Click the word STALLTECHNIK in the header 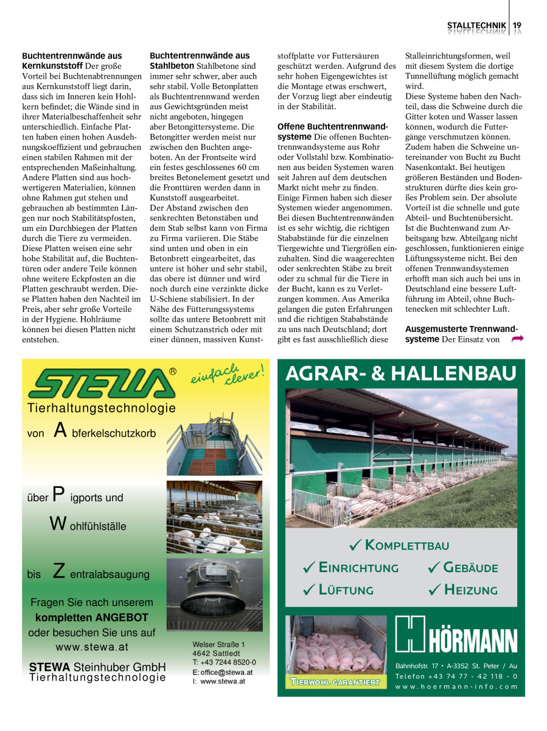point(476,25)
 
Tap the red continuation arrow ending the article point(518,339)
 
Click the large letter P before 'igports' point(58,494)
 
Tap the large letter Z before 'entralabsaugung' point(59,571)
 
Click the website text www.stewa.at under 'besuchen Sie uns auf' point(92,646)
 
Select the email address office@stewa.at point(226,672)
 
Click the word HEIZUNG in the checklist point(470,590)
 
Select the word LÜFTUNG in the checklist point(346,590)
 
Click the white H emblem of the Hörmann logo point(409,634)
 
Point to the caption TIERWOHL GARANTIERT point(335,682)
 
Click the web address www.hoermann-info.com point(456,686)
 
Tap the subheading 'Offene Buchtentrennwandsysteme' point(333,132)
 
